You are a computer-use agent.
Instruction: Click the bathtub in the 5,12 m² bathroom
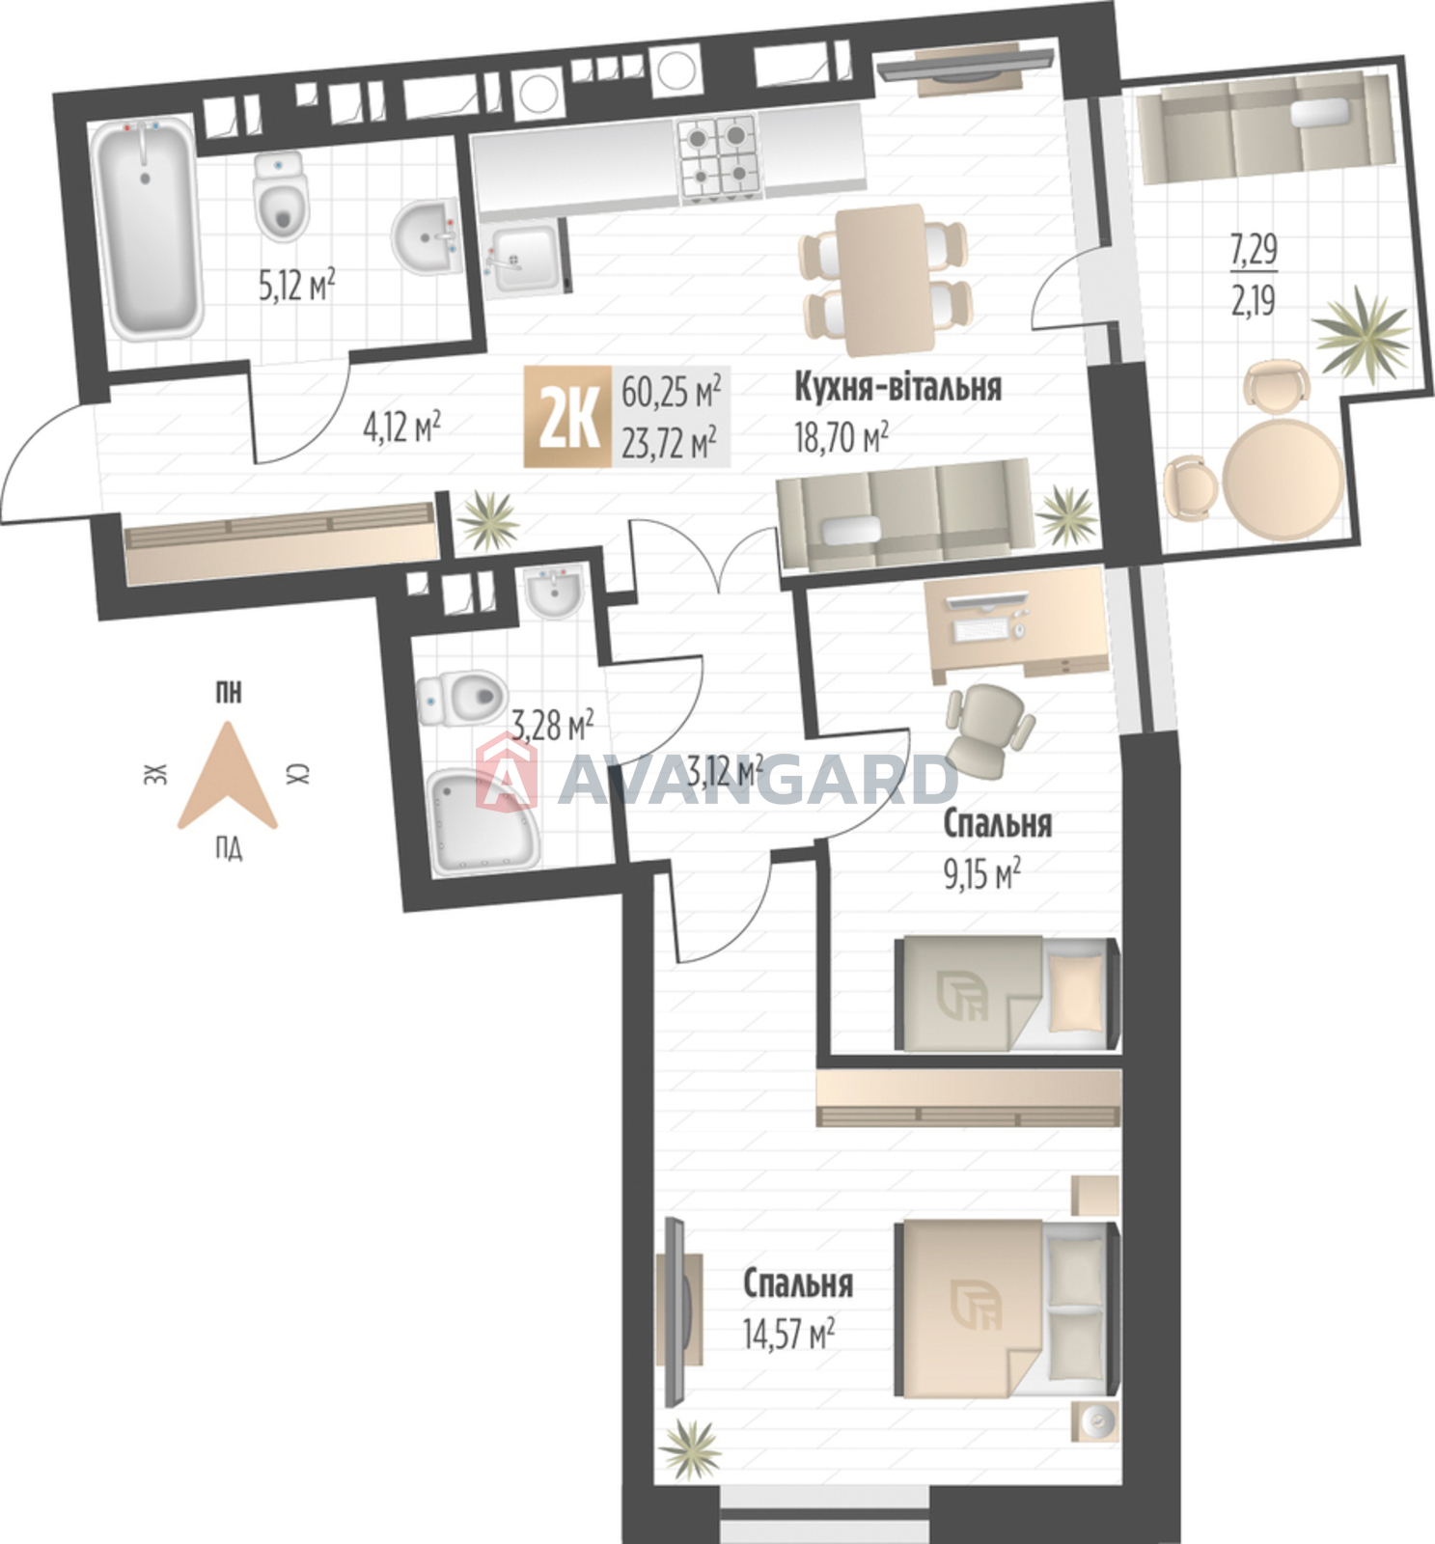click(x=148, y=229)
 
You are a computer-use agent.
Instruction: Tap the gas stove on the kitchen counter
click(x=719, y=158)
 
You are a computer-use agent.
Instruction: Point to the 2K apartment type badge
click(x=567, y=417)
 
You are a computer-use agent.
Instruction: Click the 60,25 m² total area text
click(x=671, y=392)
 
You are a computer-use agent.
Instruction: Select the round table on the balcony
click(x=1283, y=479)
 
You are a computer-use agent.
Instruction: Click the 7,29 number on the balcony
click(x=1254, y=250)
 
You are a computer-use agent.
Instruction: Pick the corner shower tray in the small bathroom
click(x=483, y=821)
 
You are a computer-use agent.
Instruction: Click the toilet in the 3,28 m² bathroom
click(x=461, y=698)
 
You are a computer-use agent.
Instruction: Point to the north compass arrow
click(x=228, y=777)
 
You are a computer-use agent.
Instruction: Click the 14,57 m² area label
click(x=788, y=1335)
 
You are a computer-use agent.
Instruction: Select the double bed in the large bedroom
click(x=1007, y=1309)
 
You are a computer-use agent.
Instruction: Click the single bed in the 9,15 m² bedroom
click(x=1007, y=993)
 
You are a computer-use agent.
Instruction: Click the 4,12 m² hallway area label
click(x=401, y=427)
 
